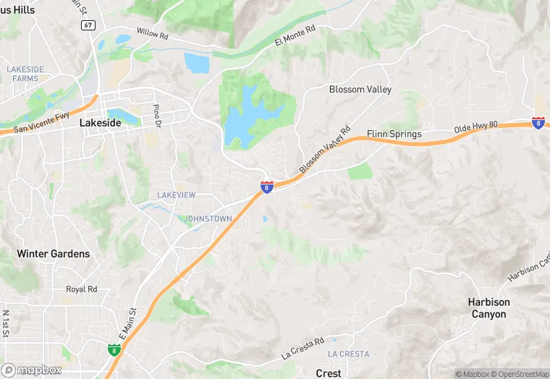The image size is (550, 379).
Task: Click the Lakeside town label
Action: (100, 123)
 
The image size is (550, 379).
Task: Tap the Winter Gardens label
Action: (54, 254)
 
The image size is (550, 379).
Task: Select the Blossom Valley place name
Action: (360, 90)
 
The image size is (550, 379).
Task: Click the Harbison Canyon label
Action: (488, 308)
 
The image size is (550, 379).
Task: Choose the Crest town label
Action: (329, 373)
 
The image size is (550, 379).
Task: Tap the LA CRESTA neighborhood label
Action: (348, 354)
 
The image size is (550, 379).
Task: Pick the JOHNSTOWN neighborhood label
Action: (208, 218)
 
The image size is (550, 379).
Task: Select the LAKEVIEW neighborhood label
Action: (177, 195)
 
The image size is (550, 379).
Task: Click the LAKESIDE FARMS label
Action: (25, 73)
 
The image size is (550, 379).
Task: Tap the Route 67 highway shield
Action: (88, 25)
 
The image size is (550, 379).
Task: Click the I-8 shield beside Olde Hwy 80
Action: (538, 123)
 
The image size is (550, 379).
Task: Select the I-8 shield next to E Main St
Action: (114, 350)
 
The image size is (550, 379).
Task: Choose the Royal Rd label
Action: (81, 289)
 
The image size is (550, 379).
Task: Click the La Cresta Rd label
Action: (310, 349)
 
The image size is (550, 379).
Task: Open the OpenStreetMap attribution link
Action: (520, 374)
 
